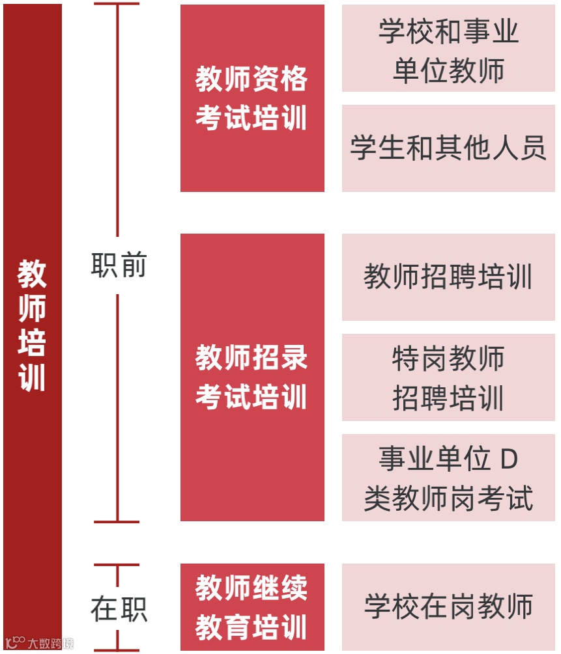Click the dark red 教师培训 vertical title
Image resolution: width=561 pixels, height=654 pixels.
point(32,325)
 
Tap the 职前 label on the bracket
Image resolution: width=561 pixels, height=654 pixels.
point(119,266)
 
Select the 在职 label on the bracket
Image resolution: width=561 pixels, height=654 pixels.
point(119,609)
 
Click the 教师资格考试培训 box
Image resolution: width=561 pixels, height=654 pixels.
point(252,98)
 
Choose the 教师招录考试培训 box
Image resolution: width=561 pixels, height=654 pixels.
point(252,377)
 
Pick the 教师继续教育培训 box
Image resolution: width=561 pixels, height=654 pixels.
point(252,608)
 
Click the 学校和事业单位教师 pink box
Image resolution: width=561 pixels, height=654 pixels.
point(448,49)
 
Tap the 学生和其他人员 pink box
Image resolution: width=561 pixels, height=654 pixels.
point(448,148)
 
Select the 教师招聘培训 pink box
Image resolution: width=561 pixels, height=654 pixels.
point(448,277)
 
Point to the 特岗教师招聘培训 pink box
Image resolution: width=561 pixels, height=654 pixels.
point(448,377)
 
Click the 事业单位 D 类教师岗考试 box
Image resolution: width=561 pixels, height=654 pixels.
point(448,478)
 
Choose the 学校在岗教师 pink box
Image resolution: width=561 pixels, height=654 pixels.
point(448,606)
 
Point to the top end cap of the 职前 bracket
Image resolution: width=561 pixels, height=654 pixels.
point(117,4)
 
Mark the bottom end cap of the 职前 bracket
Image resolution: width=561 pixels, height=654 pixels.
point(117,521)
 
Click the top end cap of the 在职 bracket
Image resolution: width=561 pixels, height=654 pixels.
point(117,565)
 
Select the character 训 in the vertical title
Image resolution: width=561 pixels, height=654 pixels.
point(32,378)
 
